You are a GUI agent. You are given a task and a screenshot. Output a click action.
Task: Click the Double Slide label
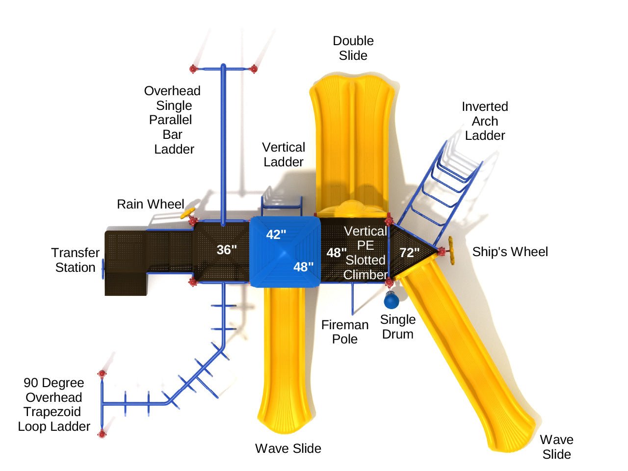pyautogui.click(x=353, y=48)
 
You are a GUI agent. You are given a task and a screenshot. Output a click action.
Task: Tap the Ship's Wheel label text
pyautogui.click(x=510, y=252)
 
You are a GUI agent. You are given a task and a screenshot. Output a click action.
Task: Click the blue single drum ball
pyautogui.click(x=391, y=300)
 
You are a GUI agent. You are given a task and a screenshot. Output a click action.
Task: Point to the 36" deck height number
pyautogui.click(x=227, y=250)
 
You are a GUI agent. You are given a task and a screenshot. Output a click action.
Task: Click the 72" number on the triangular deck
pyautogui.click(x=409, y=253)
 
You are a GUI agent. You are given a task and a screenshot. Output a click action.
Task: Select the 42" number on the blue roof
pyautogui.click(x=276, y=235)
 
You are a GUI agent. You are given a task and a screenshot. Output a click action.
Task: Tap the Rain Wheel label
pyautogui.click(x=150, y=204)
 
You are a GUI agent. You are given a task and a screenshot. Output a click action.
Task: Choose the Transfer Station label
pyautogui.click(x=75, y=260)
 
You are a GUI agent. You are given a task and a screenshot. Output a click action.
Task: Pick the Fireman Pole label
pyautogui.click(x=345, y=332)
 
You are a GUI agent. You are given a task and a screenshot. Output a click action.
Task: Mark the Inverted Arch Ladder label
pyautogui.click(x=485, y=121)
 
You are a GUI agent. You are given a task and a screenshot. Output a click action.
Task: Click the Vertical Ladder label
pyautogui.click(x=284, y=155)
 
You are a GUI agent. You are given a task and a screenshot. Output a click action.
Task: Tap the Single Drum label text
pyautogui.click(x=397, y=327)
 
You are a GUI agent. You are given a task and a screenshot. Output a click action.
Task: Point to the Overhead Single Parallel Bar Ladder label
pyautogui.click(x=173, y=120)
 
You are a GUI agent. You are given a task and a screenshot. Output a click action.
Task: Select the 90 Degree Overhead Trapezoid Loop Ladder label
pyautogui.click(x=54, y=405)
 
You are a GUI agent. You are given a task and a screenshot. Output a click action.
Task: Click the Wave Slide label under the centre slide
pyautogui.click(x=288, y=448)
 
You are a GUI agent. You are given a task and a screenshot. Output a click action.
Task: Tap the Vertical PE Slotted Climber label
pyautogui.click(x=366, y=253)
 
